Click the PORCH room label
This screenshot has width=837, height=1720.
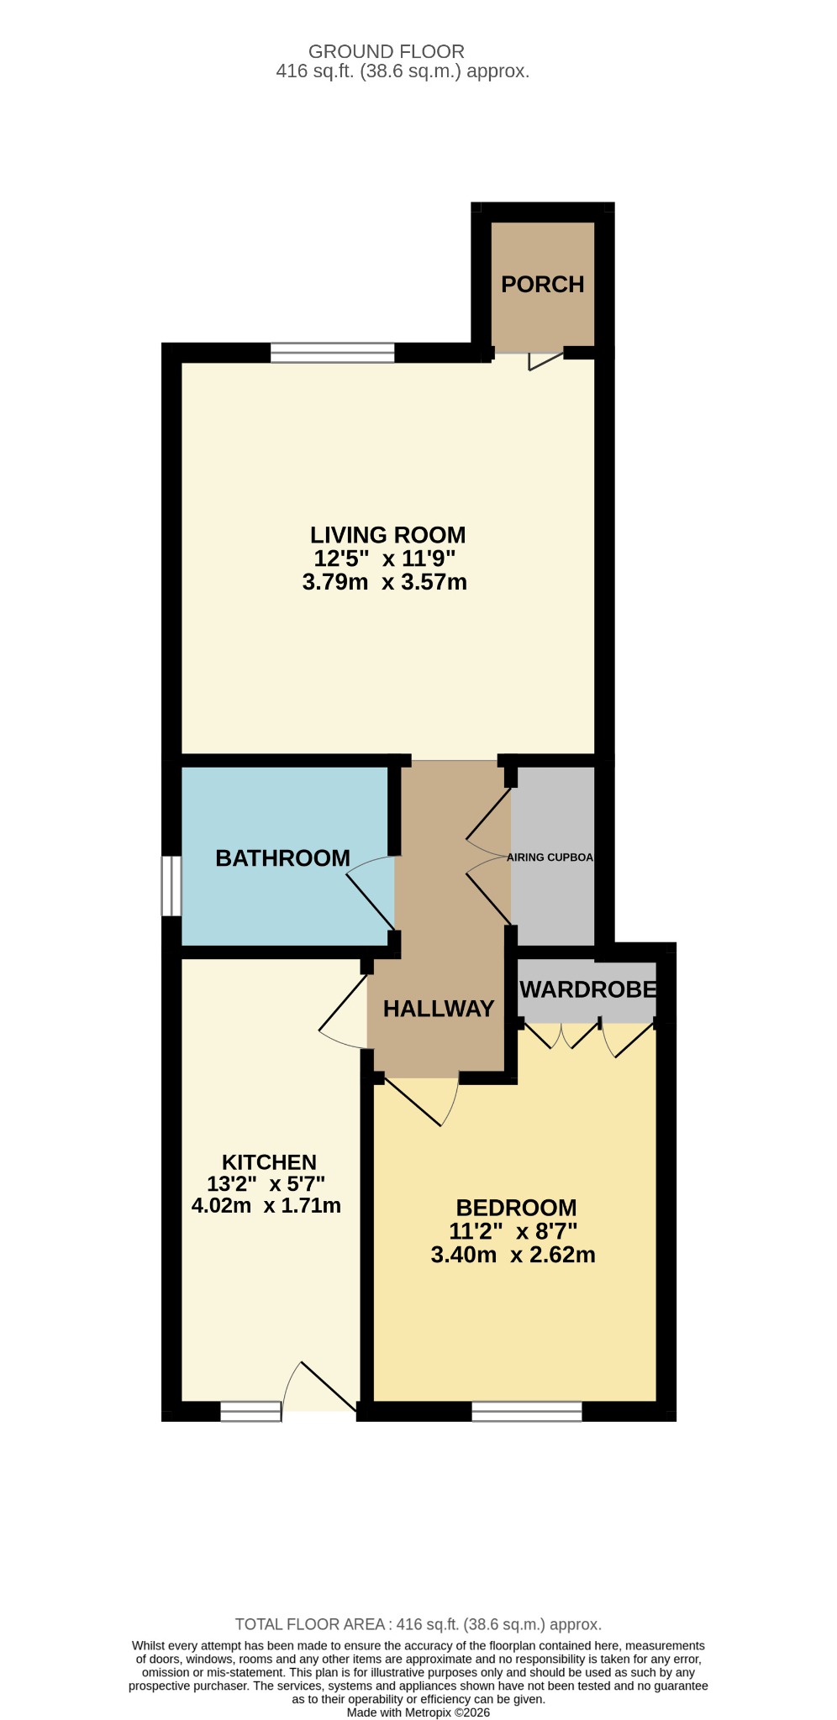(x=542, y=285)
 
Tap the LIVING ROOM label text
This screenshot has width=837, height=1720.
(x=387, y=535)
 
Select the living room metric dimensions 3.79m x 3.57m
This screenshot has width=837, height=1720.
(x=384, y=581)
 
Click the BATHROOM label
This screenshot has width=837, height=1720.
(x=282, y=858)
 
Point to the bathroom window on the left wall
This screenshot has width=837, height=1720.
(x=171, y=885)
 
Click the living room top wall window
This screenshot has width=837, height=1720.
(x=332, y=353)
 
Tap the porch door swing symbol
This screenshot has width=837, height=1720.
(x=545, y=360)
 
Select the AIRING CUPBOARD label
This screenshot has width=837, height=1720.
(x=550, y=857)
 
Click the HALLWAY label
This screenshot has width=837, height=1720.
(x=439, y=1009)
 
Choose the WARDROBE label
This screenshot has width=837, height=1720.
(x=587, y=989)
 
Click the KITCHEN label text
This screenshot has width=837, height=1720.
(x=269, y=1162)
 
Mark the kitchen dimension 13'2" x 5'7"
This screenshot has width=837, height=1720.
(x=266, y=1184)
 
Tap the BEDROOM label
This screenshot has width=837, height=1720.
(x=516, y=1208)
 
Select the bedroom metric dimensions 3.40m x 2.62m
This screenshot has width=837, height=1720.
(x=513, y=1255)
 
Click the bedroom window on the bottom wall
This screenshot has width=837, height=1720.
(x=527, y=1411)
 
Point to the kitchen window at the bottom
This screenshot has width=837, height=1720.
(x=250, y=1411)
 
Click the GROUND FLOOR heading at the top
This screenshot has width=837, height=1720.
(x=387, y=52)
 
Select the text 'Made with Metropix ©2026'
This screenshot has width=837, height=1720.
(x=418, y=1712)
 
